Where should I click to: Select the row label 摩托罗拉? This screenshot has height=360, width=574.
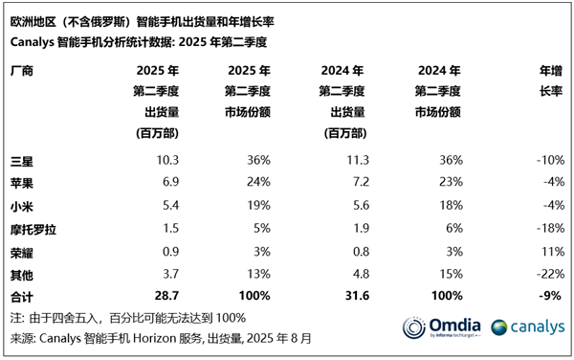coord(32,229)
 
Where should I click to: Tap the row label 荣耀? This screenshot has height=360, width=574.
coord(20,252)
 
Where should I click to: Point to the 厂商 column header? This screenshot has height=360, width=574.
coord(20,71)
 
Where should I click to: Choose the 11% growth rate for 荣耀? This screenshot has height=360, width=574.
coord(550,252)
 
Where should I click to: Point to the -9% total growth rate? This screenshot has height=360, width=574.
coord(549,298)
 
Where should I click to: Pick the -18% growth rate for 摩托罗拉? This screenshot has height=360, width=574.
coord(547,229)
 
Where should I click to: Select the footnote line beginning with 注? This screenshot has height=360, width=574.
coord(128,318)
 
